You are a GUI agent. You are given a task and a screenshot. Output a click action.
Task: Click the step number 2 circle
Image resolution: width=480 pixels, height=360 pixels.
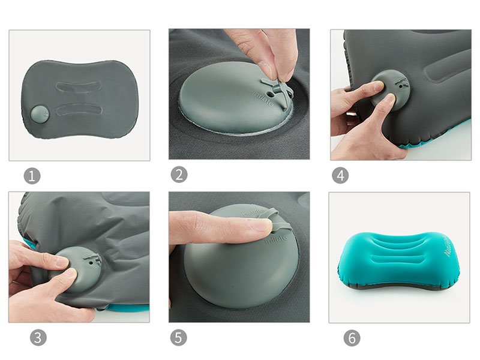pos(179,175)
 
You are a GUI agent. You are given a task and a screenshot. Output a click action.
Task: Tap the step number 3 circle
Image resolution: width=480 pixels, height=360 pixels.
pos(37,338)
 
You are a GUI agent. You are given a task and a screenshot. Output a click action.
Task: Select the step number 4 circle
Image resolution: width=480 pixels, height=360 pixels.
pos(340,175)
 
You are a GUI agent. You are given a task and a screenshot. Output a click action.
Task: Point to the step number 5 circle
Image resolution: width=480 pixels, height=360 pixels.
pos(178,338)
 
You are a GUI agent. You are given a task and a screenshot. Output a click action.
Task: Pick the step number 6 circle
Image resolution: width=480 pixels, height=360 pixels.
pos(352,338)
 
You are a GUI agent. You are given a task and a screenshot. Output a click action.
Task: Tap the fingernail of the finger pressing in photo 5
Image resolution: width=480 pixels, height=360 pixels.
pos(259,226)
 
